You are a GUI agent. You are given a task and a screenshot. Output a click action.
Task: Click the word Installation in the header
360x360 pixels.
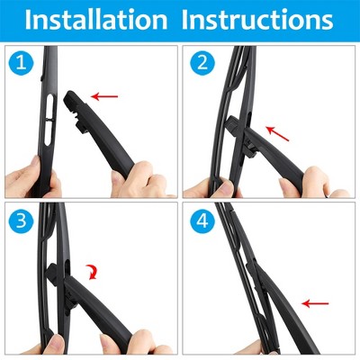click(x=96, y=20)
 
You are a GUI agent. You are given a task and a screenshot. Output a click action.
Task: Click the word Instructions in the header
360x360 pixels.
click(x=257, y=20)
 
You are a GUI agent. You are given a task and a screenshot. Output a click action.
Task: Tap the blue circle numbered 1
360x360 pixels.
click(x=22, y=63)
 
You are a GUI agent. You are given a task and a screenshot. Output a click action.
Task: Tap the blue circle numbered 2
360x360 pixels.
click(x=202, y=63)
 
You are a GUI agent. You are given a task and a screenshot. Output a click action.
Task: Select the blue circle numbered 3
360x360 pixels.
click(x=22, y=221)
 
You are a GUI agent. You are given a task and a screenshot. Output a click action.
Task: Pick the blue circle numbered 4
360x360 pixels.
click(x=202, y=221)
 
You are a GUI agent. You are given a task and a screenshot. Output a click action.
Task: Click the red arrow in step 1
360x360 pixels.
click(x=104, y=96)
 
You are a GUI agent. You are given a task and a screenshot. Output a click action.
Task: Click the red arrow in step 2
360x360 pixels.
click(x=277, y=133)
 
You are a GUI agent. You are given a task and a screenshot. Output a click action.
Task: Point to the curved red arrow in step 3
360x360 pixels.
click(x=93, y=272)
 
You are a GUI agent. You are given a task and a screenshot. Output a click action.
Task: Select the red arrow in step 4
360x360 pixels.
click(x=315, y=303)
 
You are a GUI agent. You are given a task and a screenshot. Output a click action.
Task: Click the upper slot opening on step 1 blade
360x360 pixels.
click(x=50, y=106)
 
